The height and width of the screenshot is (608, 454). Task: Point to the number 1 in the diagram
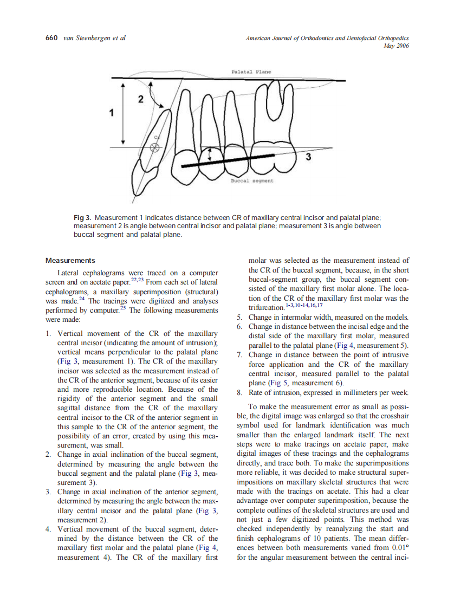point(112,113)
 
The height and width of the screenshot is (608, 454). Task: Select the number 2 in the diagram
point(141,99)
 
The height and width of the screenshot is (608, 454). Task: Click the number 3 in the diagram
point(308,157)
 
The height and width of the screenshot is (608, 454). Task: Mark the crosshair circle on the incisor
point(155,147)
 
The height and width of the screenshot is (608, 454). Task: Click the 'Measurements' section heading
point(70,261)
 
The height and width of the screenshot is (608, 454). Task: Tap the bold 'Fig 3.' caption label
point(83,218)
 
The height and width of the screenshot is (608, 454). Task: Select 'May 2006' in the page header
point(395,47)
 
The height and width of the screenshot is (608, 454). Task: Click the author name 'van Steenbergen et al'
point(95,38)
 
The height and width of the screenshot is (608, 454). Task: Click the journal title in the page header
point(327,38)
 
